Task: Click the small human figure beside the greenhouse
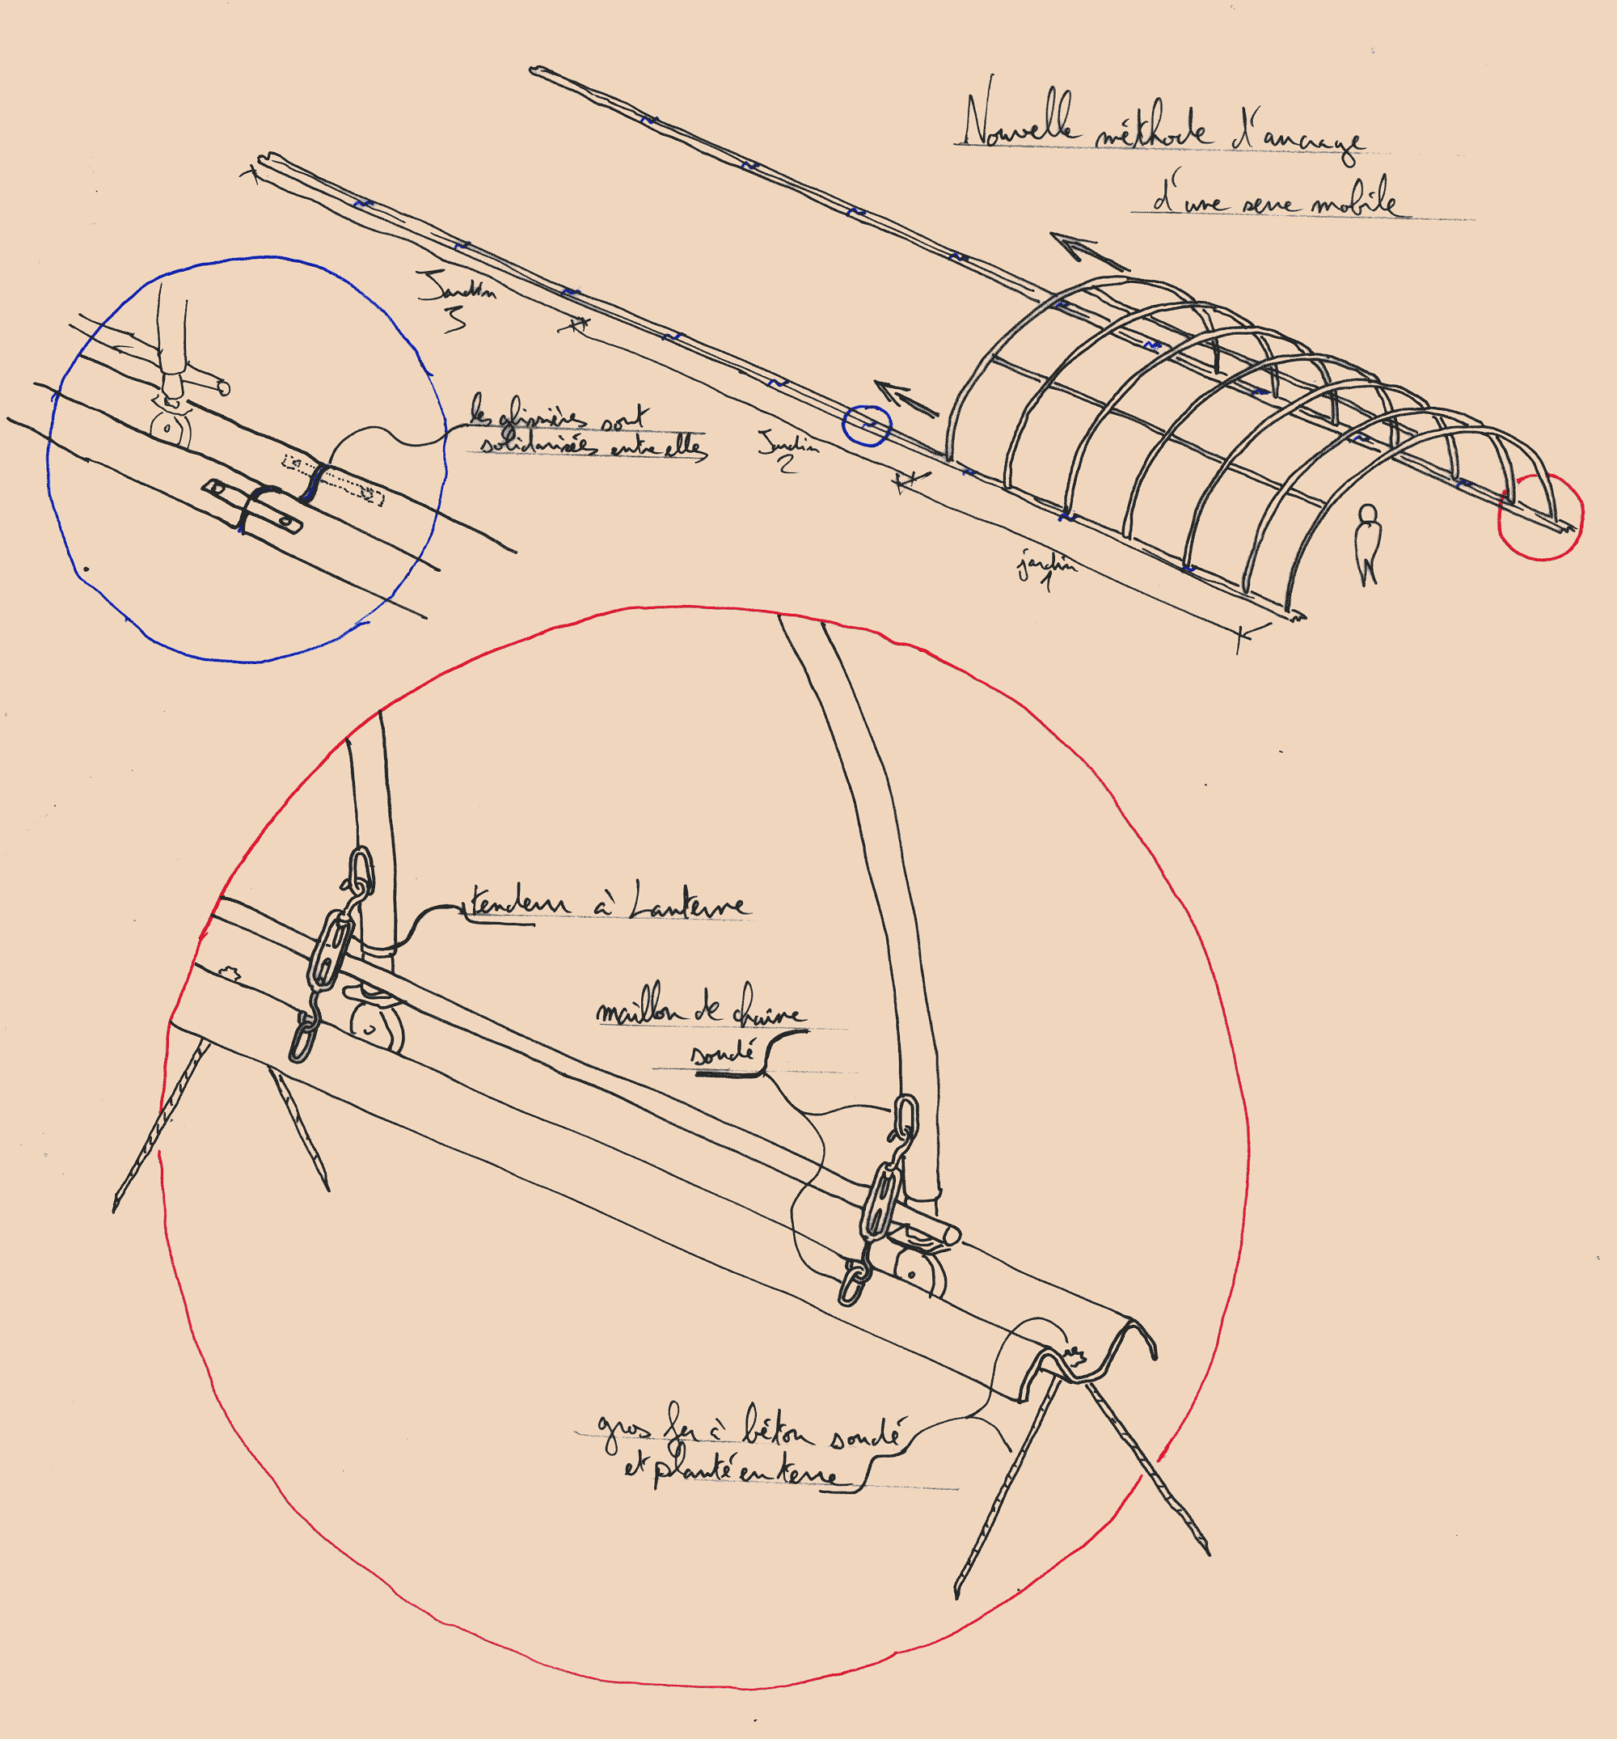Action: click(x=1366, y=543)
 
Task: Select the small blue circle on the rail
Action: click(x=866, y=425)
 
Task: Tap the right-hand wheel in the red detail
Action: click(x=916, y=1277)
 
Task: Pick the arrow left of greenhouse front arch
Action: click(x=906, y=398)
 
